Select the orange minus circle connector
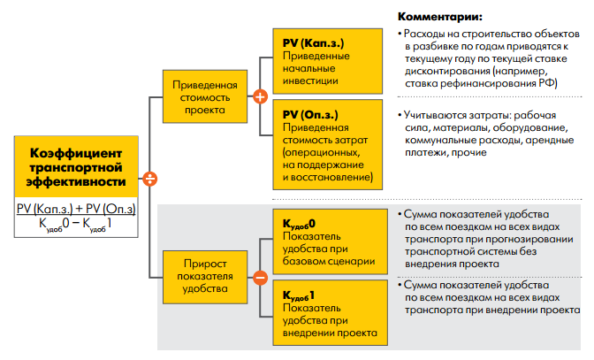pyautogui.click(x=260, y=276)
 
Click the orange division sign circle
pyautogui.click(x=151, y=179)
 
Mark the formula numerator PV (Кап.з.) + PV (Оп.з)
pyautogui.click(x=77, y=207)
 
